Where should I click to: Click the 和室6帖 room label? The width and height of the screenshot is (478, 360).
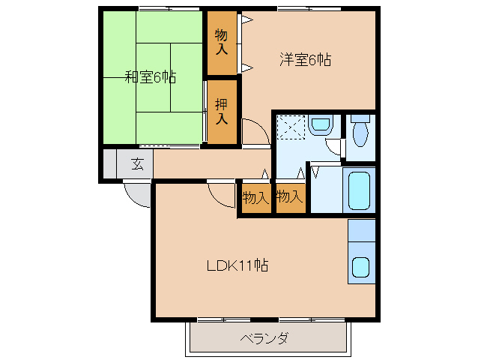tap(150, 76)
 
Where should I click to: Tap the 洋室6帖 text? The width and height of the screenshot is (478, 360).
tap(305, 61)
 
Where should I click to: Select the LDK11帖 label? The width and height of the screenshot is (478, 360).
tap(238, 265)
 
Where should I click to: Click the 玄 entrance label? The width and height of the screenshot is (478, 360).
tap(138, 164)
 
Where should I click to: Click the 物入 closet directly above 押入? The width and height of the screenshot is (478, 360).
tap(222, 42)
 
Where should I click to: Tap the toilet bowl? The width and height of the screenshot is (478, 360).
tap(360, 136)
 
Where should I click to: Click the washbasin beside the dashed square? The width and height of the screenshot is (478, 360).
tap(321, 124)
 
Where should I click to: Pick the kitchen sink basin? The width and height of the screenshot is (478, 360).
tap(360, 266)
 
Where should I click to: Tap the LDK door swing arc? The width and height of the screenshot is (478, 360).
tap(222, 195)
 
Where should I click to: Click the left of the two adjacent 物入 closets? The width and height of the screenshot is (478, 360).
tap(255, 198)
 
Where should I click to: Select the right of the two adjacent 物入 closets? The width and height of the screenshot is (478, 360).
tap(289, 198)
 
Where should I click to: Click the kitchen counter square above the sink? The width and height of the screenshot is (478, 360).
tap(361, 230)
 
